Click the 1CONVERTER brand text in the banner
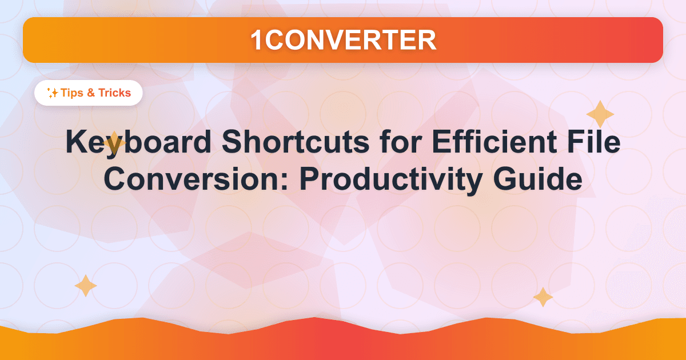pyautogui.click(x=343, y=39)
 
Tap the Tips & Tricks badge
pyautogui.click(x=88, y=93)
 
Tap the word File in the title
pyautogui.click(x=595, y=143)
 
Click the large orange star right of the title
pyautogui.click(x=600, y=114)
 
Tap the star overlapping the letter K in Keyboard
pyautogui.click(x=114, y=142)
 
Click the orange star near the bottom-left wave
pyautogui.click(x=86, y=286)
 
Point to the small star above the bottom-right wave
pyautogui.click(x=543, y=297)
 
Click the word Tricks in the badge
pyautogui.click(x=114, y=93)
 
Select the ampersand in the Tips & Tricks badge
pyautogui.click(x=91, y=93)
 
